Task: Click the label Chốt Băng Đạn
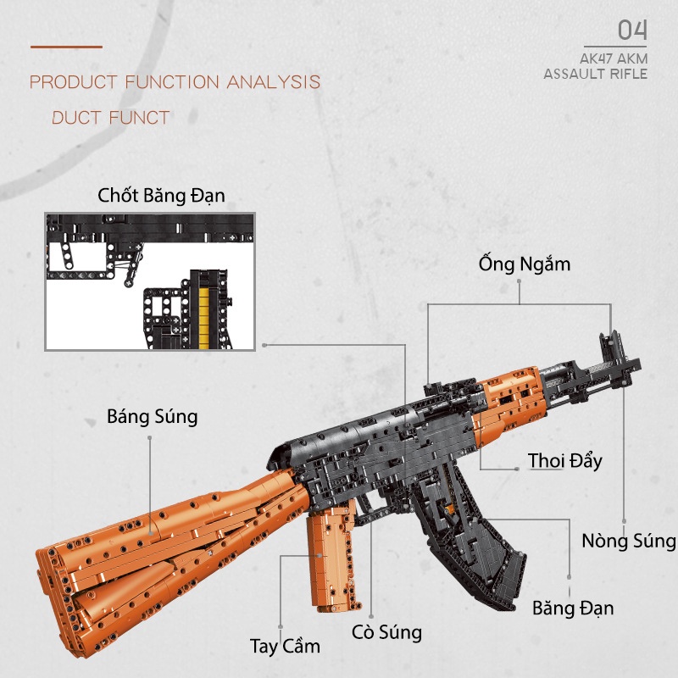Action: [x=161, y=197]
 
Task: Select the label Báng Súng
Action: [x=153, y=417]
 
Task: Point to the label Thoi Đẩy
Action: [x=564, y=461]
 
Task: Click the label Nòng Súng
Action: [x=629, y=541]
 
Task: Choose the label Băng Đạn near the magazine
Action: [x=573, y=608]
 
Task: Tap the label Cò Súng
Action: [x=386, y=631]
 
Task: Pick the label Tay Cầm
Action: [x=285, y=647]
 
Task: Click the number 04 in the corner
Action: [x=632, y=31]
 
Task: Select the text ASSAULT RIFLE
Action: [x=595, y=75]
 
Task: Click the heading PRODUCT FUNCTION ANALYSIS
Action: [x=175, y=82]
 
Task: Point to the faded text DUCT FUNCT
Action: [x=111, y=118]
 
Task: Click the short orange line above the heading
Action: [x=66, y=47]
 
